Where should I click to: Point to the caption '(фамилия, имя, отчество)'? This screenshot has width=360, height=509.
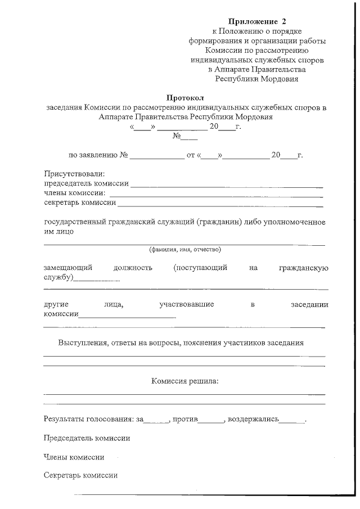(184, 249)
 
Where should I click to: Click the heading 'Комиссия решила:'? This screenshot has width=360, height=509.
(184, 381)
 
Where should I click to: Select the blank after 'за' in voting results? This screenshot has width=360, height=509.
(157, 421)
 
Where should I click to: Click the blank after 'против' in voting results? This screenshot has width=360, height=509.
(211, 421)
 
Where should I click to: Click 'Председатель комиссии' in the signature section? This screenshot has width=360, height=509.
(87, 438)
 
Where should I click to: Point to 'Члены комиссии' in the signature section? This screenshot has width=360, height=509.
(74, 457)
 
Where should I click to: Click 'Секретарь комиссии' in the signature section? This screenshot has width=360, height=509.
(80, 475)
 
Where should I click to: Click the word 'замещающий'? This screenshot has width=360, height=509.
(68, 268)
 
